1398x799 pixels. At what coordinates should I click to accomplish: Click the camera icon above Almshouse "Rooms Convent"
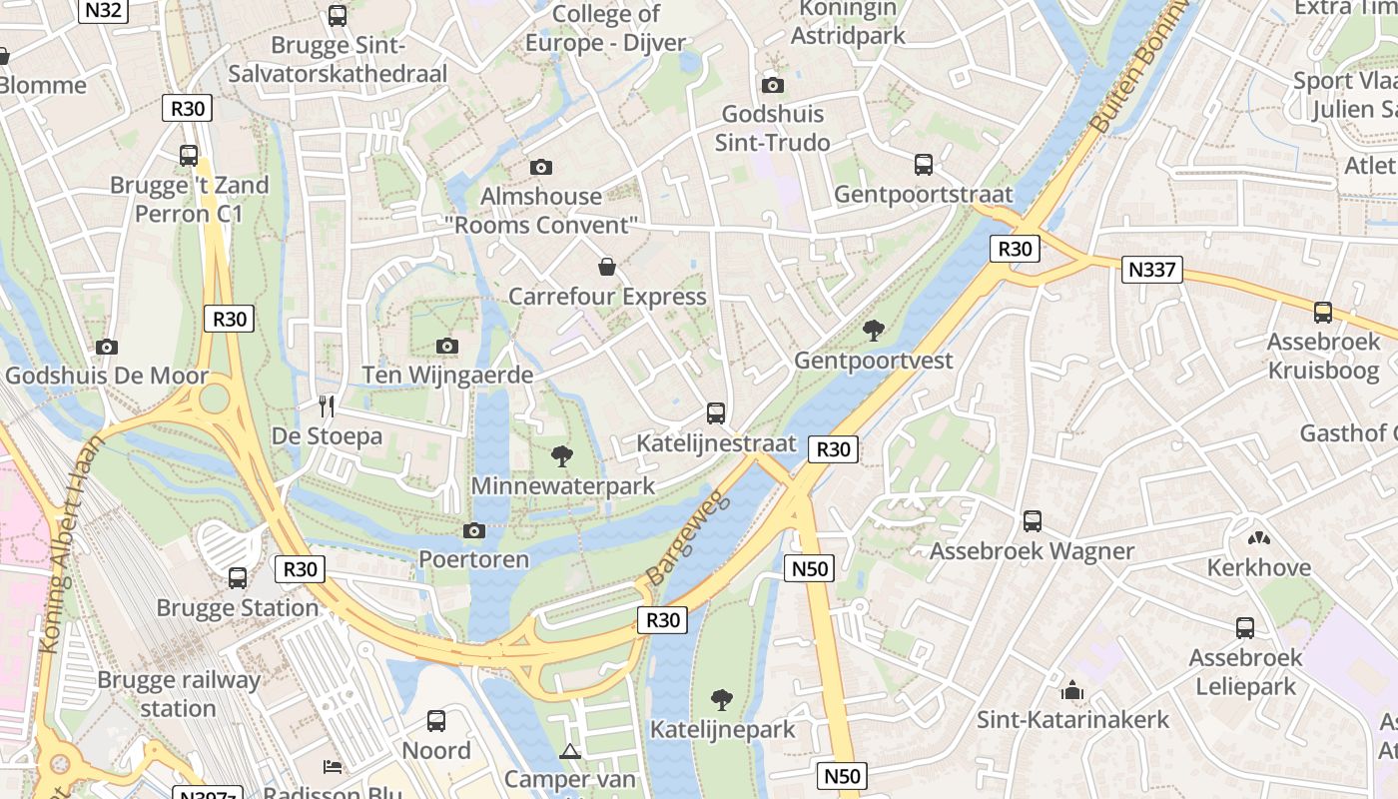pos(541,167)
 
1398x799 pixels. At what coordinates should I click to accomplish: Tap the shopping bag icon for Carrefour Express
pos(606,267)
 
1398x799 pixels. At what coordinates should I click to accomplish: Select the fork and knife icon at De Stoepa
pos(326,405)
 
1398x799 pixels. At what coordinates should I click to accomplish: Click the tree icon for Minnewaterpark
pos(562,456)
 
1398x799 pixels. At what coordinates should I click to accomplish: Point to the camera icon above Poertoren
pos(474,530)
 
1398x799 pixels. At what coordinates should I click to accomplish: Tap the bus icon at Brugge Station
pos(238,577)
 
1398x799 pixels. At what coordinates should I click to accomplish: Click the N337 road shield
pos(1151,270)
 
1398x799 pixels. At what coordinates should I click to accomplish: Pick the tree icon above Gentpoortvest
pos(874,330)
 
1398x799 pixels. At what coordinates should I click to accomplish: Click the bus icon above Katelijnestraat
pos(716,412)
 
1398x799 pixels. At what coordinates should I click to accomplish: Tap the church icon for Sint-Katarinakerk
pos(1072,690)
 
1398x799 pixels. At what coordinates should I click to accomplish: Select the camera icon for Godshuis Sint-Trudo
pos(773,85)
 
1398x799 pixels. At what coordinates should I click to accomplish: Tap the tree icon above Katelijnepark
pos(721,699)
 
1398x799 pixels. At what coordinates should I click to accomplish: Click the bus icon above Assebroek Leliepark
pos(1245,627)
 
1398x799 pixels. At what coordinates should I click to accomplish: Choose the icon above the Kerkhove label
pos(1258,537)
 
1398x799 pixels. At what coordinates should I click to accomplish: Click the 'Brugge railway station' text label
pos(178,694)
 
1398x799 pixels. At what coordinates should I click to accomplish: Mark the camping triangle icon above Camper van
pos(570,751)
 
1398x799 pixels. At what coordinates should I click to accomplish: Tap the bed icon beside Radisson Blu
pos(333,767)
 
